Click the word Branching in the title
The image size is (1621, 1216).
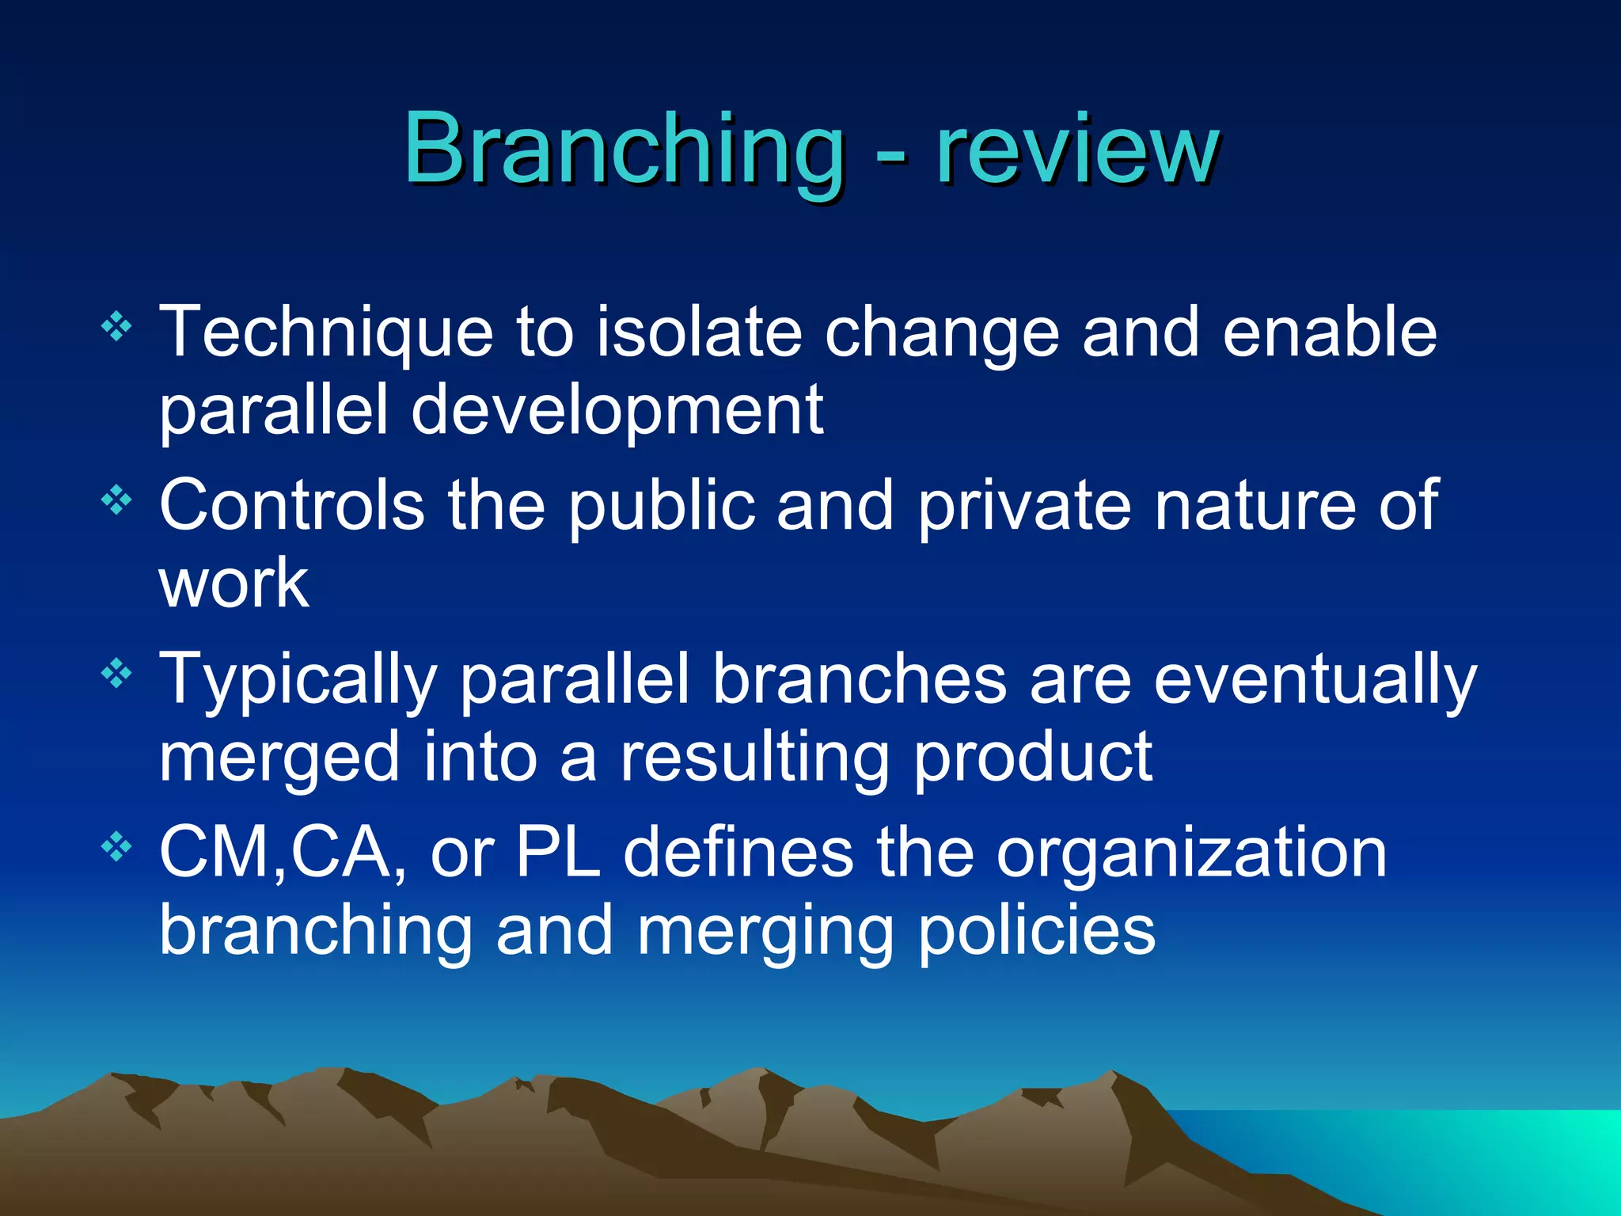point(624,149)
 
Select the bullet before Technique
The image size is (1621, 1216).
point(116,326)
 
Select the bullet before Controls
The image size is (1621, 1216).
point(116,500)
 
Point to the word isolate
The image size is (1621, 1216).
point(698,332)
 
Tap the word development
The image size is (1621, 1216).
point(617,412)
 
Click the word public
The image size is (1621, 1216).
point(662,507)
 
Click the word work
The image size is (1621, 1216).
point(233,583)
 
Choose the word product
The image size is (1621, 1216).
point(1032,758)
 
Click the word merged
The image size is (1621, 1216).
point(279,758)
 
